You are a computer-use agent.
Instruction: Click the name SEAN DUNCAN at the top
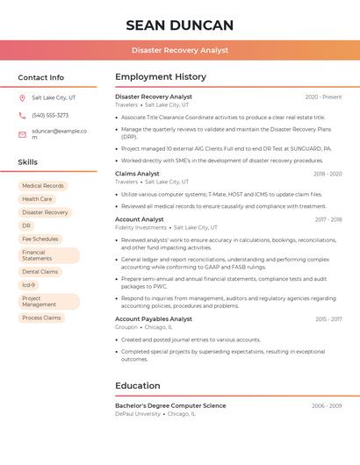180,25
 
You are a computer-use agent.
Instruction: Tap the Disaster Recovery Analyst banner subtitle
180,51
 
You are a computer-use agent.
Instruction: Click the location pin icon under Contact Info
22,97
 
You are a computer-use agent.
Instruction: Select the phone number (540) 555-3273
50,115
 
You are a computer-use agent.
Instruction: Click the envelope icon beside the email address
22,134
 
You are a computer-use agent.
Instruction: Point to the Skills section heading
28,162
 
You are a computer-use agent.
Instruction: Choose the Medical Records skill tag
43,186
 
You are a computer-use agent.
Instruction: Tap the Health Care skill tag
37,199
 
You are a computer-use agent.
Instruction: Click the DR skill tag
26,225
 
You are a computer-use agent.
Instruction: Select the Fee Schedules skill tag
40,239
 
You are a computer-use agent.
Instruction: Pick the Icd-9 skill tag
29,285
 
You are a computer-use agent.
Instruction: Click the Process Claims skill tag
41,318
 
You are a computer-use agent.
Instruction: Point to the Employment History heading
161,77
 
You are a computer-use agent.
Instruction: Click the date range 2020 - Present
323,97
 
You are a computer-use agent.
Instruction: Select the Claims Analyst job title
137,174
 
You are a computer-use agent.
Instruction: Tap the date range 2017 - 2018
328,219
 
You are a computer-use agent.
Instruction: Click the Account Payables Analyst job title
155,319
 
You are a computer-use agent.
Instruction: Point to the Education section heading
138,386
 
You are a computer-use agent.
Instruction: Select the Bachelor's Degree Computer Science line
170,406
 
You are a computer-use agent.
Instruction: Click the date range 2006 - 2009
327,406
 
